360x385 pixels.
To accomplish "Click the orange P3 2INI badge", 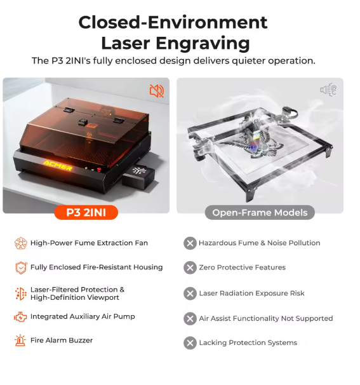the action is (x=86, y=212).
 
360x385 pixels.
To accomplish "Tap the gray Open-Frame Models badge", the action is (x=260, y=212).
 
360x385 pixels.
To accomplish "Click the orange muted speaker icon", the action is (x=157, y=91).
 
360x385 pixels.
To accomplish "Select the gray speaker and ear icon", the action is (x=328, y=90).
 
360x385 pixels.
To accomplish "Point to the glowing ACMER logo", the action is (x=58, y=165).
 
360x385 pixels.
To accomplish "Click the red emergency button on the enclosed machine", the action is (x=99, y=170).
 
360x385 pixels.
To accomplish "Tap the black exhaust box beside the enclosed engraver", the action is (x=138, y=177).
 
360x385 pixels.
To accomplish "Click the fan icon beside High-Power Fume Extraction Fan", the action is (x=21, y=243).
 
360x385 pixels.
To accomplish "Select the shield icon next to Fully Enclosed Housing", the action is (x=21, y=267).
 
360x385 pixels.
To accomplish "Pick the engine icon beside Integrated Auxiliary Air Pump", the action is (x=20, y=317).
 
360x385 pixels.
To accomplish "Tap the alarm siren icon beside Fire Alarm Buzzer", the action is (x=20, y=341).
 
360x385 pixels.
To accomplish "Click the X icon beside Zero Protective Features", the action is (x=190, y=267).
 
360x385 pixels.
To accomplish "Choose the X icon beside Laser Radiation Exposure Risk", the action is (x=190, y=294).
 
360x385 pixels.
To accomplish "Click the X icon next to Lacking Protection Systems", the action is (x=190, y=343).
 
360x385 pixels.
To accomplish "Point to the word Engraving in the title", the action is (x=203, y=44).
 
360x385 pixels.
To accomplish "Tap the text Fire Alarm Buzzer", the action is (x=62, y=341).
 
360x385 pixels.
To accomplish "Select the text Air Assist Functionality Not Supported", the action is (x=266, y=318).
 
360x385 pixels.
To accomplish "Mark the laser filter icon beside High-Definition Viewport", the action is (x=20, y=294).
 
